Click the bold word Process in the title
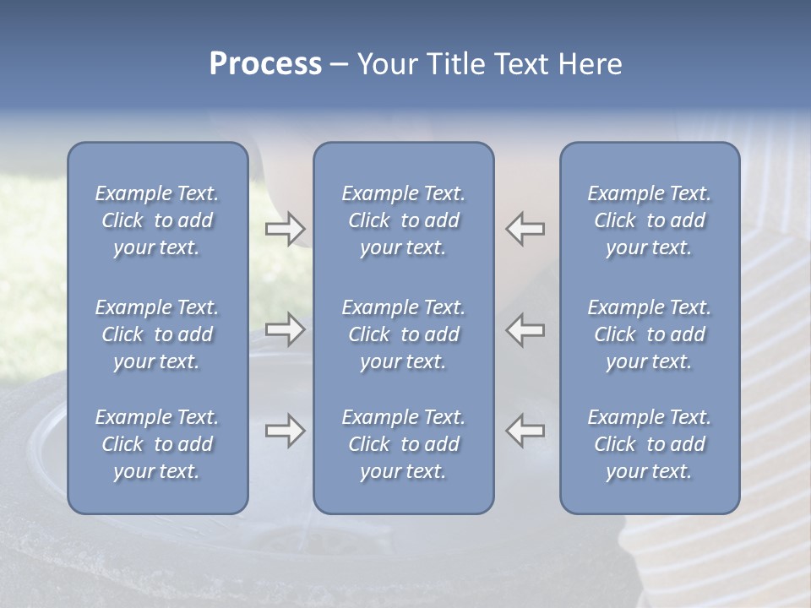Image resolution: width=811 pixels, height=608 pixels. [x=265, y=64]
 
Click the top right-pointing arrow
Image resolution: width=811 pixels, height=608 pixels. [x=285, y=229]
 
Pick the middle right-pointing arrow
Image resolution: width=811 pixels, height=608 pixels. [x=285, y=329]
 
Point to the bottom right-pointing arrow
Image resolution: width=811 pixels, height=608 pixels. [x=285, y=431]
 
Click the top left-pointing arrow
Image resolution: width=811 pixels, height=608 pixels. [x=525, y=229]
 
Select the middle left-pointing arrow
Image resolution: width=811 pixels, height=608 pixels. [x=525, y=329]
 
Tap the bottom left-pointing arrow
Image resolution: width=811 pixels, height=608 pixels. [x=525, y=431]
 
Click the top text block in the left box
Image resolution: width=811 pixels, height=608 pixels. [x=157, y=220]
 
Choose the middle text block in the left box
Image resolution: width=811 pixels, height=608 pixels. [x=157, y=334]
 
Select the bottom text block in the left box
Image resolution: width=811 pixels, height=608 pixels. [x=157, y=444]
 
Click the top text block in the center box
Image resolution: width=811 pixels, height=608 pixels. [x=403, y=220]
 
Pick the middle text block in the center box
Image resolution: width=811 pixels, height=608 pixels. [x=403, y=334]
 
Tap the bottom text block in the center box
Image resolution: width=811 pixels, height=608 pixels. [x=403, y=444]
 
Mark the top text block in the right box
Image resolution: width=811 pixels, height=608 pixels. [x=650, y=220]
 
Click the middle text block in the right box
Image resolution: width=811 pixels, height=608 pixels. [x=650, y=334]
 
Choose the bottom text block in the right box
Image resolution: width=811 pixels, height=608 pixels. [x=650, y=444]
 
